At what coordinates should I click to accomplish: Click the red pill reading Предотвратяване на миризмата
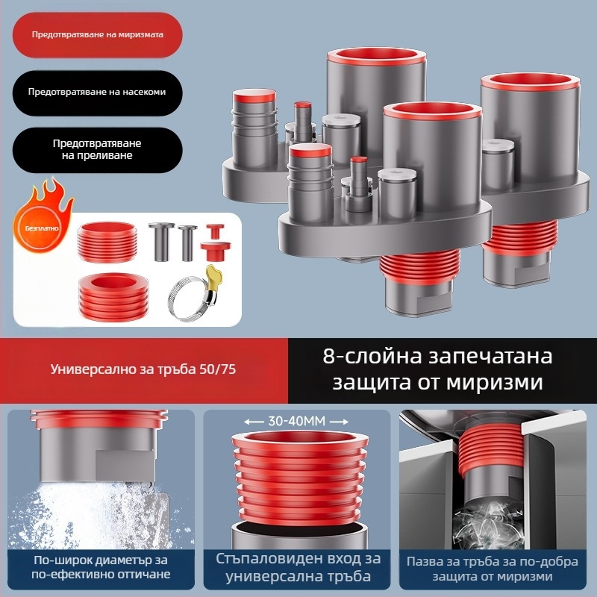point(98,34)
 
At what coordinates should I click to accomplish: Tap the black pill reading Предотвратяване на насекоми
point(98,93)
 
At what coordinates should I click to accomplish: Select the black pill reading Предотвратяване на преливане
point(98,150)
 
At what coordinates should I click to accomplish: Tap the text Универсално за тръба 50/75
point(143,369)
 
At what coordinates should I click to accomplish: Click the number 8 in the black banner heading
point(329,357)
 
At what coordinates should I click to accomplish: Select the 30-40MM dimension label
point(296,422)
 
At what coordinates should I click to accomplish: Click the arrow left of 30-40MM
point(254,422)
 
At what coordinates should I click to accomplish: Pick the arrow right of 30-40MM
point(340,422)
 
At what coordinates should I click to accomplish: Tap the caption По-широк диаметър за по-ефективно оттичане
point(101,567)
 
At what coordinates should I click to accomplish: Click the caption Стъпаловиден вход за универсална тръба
point(298,567)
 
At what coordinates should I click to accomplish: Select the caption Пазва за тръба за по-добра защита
point(492,568)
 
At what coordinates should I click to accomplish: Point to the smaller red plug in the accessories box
point(215,231)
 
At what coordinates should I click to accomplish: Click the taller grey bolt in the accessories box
point(161,241)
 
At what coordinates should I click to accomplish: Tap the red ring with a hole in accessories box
point(113,295)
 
